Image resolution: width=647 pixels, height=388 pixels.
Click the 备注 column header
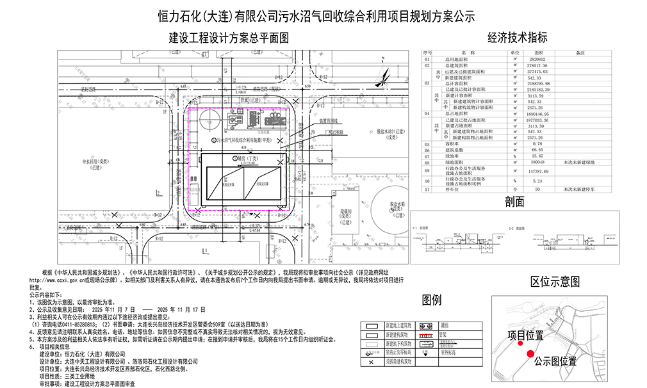point(581,53)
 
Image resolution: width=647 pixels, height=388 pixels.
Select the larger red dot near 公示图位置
point(530,353)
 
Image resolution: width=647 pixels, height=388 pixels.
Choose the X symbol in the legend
point(371,362)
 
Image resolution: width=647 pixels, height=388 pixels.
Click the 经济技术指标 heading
point(517,37)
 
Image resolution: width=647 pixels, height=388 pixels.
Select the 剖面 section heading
point(514,202)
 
